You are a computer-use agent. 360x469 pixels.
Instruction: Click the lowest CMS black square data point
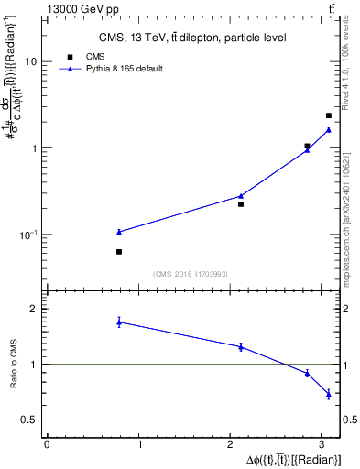click(x=119, y=251)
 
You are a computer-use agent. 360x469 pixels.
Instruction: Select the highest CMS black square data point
click(x=329, y=115)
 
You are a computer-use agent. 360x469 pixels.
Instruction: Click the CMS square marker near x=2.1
click(x=241, y=203)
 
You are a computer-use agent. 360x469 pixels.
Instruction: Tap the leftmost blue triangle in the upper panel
click(x=119, y=232)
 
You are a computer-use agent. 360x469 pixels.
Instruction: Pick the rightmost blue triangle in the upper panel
click(x=329, y=129)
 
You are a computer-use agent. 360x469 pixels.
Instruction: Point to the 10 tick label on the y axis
click(x=30, y=61)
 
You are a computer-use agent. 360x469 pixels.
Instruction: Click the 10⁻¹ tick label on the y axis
click(x=27, y=234)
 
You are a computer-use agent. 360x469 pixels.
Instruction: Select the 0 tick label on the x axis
click(x=47, y=444)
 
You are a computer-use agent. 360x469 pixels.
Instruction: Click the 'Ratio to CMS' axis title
click(x=14, y=365)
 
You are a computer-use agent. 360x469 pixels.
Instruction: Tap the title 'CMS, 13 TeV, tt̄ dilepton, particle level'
click(x=192, y=38)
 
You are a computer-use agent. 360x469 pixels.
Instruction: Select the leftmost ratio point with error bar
click(x=119, y=322)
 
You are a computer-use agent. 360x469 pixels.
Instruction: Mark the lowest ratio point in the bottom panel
click(x=329, y=394)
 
